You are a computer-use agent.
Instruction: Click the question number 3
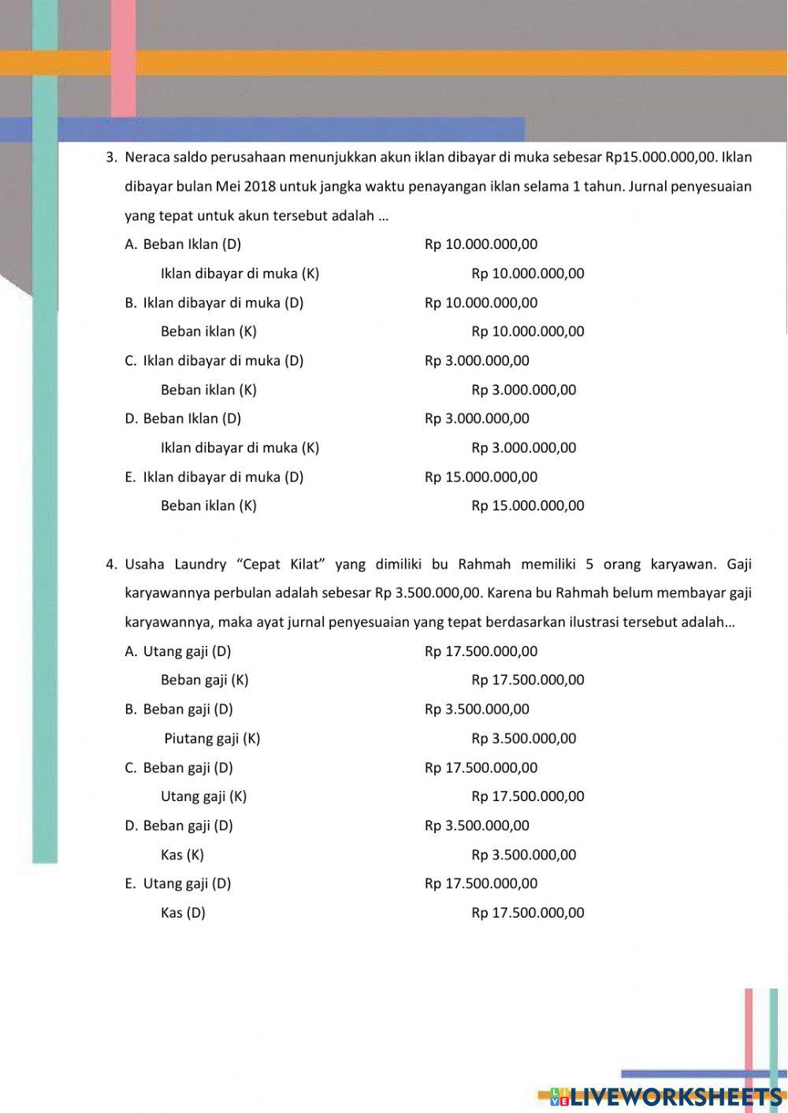coord(110,158)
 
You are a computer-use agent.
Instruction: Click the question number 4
coord(110,565)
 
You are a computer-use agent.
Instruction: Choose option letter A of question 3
coord(131,245)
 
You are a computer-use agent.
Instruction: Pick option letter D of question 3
coord(131,419)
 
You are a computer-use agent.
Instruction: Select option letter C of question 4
coord(131,768)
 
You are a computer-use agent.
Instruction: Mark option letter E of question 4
coord(130,884)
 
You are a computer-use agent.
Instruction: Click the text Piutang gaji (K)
coord(212,739)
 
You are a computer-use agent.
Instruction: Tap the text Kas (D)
coord(183,913)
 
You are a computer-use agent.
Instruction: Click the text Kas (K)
coord(182,855)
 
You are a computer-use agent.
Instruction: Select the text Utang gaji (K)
coord(203,796)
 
